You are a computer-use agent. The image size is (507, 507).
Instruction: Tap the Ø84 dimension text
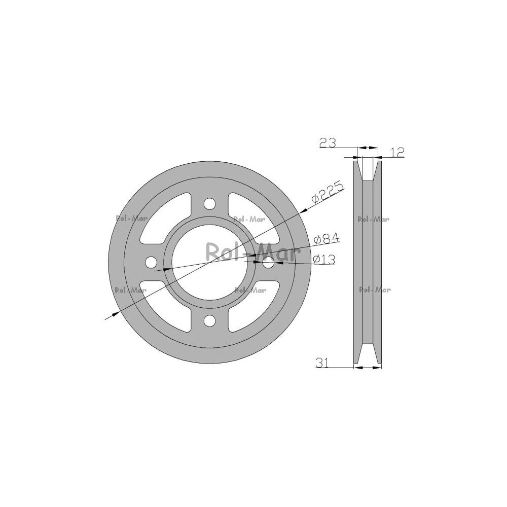click(x=327, y=239)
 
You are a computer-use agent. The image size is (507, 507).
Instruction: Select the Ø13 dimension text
click(x=324, y=259)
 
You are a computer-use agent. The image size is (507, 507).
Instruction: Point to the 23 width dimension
click(x=328, y=142)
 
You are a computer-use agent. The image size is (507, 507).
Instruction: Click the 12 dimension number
click(x=397, y=152)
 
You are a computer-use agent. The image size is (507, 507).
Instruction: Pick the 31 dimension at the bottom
click(x=322, y=363)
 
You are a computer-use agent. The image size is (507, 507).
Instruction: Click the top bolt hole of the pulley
click(x=210, y=204)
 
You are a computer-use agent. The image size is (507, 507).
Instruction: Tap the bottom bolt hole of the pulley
click(x=210, y=320)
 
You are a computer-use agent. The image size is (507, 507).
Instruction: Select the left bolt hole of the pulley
click(x=152, y=262)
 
